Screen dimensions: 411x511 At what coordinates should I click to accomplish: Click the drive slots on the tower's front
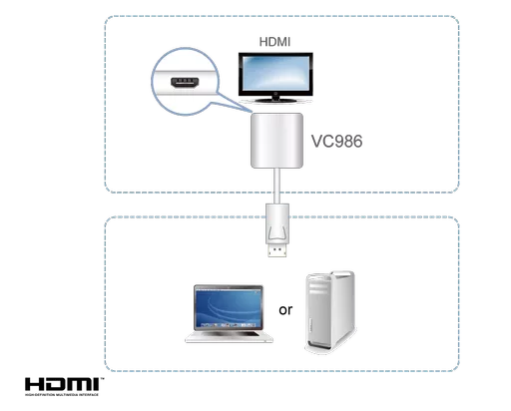(x=323, y=290)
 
